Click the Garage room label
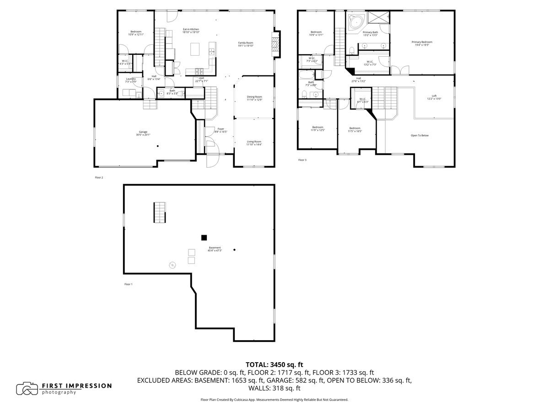point(143,133)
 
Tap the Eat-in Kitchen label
point(191,31)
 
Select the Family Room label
point(245,44)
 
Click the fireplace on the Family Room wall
point(275,44)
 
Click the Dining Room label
point(254,98)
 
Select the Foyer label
point(221,130)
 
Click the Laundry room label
point(130,80)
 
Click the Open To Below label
point(420,135)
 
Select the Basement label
point(215,249)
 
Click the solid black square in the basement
point(204,237)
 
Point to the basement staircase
point(159,212)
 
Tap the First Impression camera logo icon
point(27,389)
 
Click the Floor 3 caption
point(302,160)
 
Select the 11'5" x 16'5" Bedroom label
point(355,129)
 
